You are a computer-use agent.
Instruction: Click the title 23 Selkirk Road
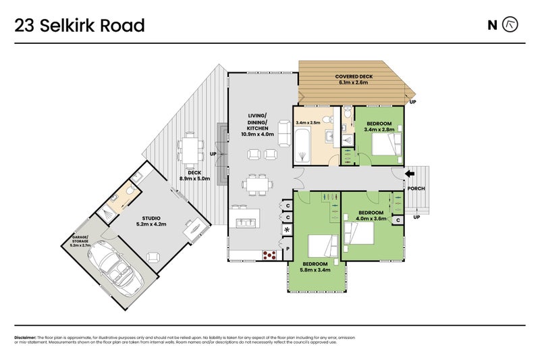tap(80, 26)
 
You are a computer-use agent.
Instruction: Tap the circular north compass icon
tap(511, 26)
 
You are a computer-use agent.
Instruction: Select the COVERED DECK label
tap(354, 80)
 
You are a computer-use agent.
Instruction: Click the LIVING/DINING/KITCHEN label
tap(256, 124)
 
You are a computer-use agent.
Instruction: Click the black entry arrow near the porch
tap(409, 174)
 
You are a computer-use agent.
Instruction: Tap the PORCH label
tap(416, 188)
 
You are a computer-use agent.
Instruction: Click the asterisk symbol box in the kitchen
tap(288, 230)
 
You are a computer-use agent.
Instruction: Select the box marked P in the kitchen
tap(288, 249)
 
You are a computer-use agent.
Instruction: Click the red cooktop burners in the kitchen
tap(269, 255)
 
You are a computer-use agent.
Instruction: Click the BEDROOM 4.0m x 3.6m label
tap(371, 215)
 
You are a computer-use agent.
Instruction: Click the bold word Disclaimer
tap(25, 337)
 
